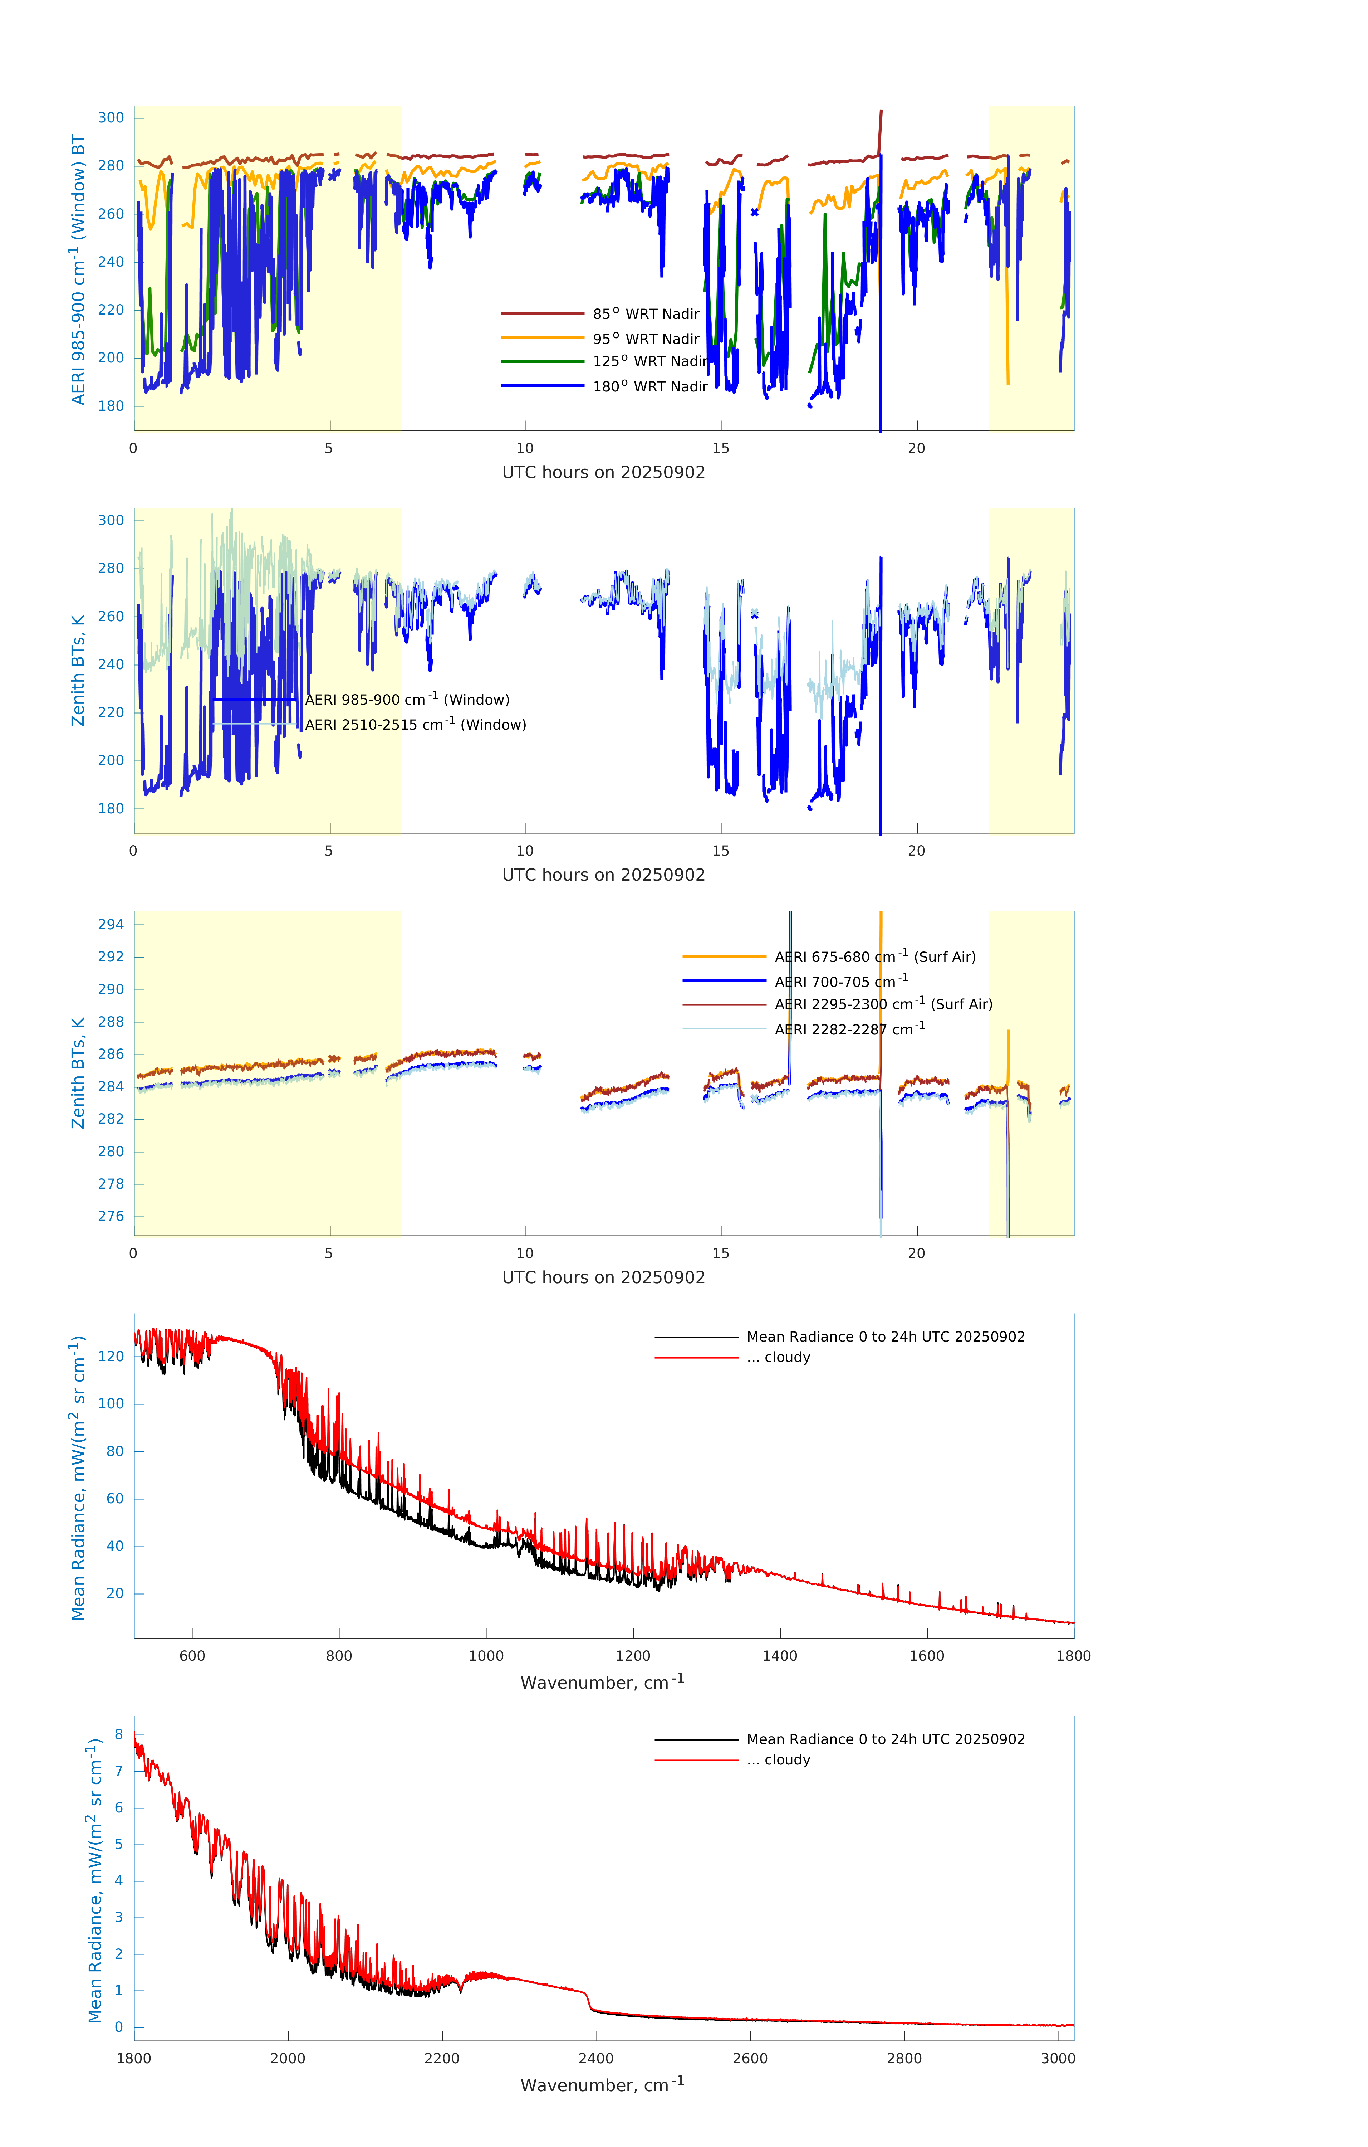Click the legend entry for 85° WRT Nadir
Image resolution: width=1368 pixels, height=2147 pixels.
coord(646,314)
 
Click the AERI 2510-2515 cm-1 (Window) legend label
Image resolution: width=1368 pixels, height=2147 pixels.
coord(415,724)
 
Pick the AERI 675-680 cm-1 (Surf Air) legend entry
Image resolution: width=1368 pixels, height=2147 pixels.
coord(874,957)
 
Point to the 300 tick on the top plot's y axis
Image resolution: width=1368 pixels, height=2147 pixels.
coord(111,118)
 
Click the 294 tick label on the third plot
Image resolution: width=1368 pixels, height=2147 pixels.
coord(111,925)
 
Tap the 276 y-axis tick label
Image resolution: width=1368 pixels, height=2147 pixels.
coord(111,1216)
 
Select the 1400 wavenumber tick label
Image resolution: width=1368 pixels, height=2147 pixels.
coord(780,1656)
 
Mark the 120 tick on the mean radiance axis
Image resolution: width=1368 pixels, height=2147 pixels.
coord(111,1356)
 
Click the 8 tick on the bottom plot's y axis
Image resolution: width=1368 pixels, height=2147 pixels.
coord(118,1734)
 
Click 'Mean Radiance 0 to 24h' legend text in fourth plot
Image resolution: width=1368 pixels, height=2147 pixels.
coord(885,1337)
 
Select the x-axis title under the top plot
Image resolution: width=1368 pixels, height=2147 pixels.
coord(603,473)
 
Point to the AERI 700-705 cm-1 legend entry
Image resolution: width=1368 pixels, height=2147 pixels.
coord(840,982)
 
